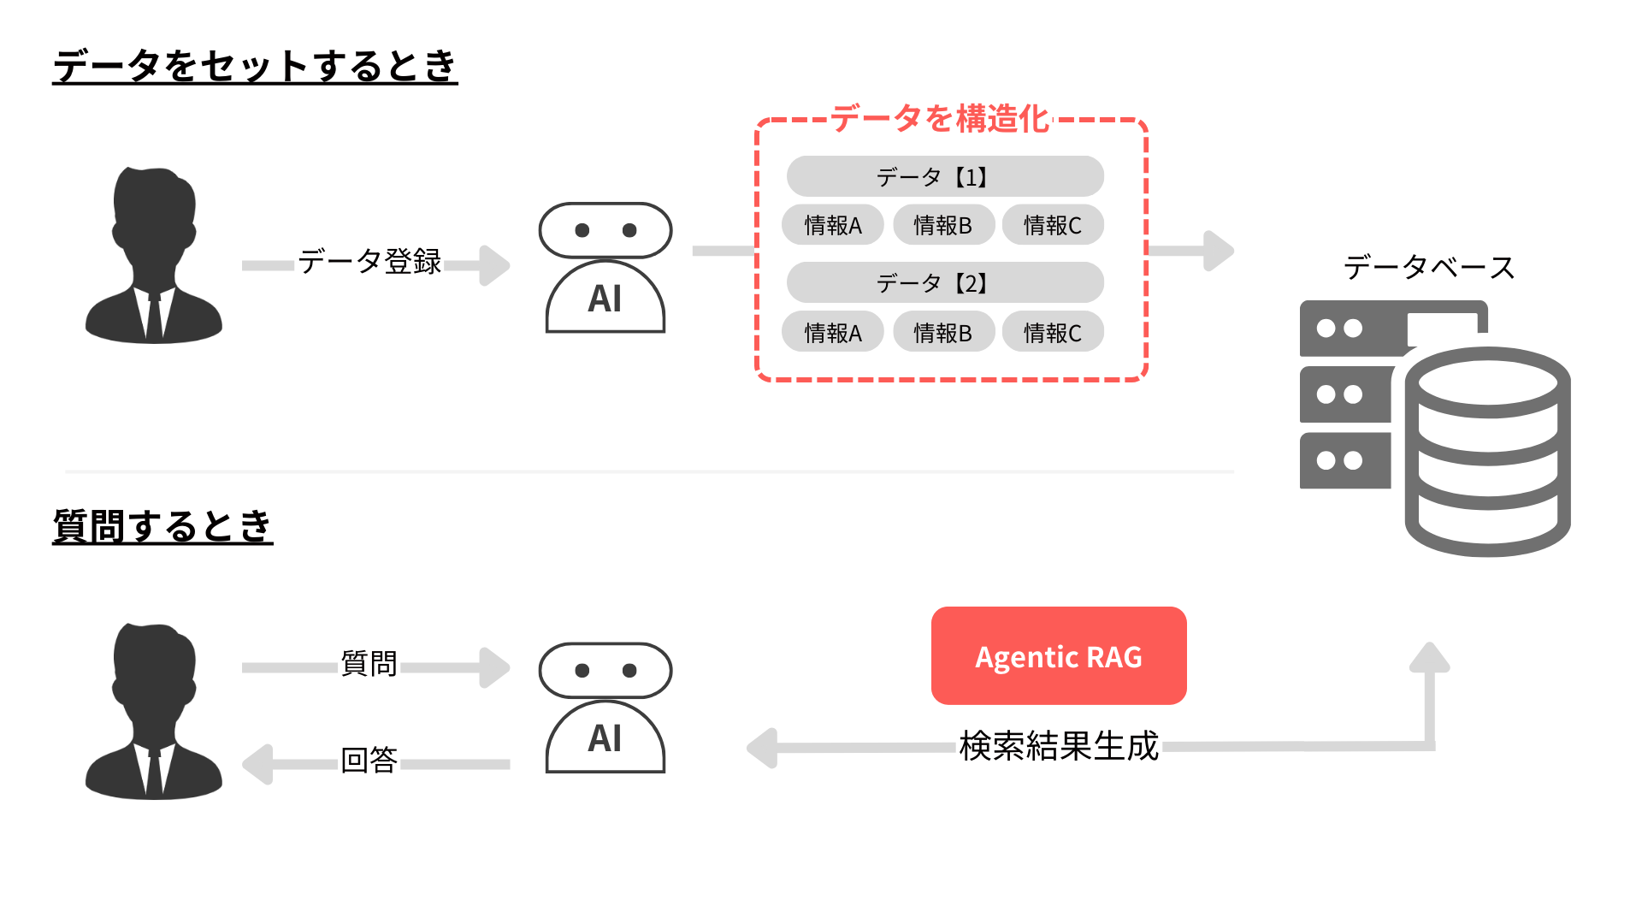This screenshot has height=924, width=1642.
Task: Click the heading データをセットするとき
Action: click(255, 66)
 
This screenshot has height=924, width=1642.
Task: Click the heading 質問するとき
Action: click(162, 525)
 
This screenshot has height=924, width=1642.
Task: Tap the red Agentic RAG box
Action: click(1058, 656)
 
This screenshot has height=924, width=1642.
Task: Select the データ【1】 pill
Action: click(944, 177)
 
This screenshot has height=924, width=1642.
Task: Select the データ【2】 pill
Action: click(944, 283)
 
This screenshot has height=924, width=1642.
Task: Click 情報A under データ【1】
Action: click(832, 225)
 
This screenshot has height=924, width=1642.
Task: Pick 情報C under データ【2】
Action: click(1052, 332)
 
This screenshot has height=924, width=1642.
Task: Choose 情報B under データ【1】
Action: click(942, 225)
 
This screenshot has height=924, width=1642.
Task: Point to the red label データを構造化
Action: click(939, 119)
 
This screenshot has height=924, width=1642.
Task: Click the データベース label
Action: click(1428, 267)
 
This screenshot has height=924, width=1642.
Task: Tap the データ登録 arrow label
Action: click(369, 261)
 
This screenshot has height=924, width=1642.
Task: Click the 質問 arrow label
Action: click(369, 663)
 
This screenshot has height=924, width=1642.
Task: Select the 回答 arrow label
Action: click(369, 760)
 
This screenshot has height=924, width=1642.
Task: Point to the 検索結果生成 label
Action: click(1059, 746)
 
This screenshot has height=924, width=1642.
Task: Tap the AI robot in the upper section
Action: click(605, 268)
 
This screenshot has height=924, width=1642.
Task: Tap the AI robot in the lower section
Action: click(605, 708)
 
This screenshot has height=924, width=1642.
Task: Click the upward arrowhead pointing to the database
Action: click(1429, 658)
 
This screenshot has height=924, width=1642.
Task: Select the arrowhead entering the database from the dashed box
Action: click(1218, 251)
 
